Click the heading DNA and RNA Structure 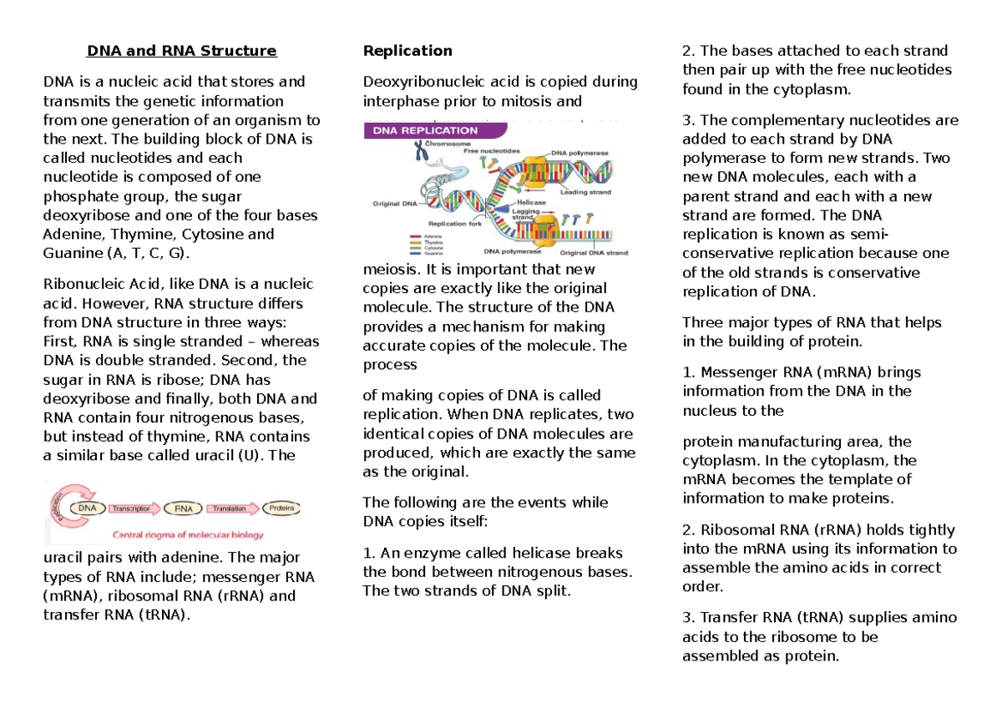click(181, 51)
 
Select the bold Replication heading click(407, 51)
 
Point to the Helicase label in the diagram click(531, 202)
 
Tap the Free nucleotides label click(493, 150)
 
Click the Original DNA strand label click(595, 252)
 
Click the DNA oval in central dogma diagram click(87, 507)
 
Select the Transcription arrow click(131, 507)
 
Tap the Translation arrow click(230, 507)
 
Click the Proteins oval click(281, 507)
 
